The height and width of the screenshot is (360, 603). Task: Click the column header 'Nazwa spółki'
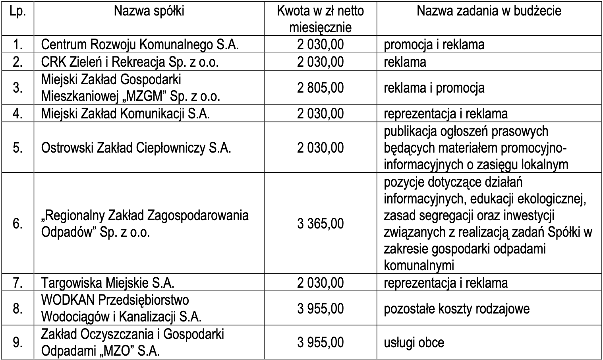tap(149, 11)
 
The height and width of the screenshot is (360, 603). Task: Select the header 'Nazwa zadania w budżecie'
tap(489, 11)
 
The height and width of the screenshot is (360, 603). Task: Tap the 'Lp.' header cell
tap(18, 11)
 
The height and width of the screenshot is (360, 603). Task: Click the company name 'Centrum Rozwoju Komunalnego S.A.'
tap(140, 45)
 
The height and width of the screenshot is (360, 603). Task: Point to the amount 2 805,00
tap(320, 87)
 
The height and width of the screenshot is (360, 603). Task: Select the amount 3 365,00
tap(320, 223)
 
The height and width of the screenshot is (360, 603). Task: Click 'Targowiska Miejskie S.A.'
tap(108, 283)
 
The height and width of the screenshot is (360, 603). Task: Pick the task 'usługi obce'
tap(414, 343)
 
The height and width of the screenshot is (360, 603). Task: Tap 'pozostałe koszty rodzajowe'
tap(456, 309)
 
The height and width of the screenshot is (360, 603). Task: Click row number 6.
tap(18, 223)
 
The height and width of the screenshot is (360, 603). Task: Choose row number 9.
tap(18, 343)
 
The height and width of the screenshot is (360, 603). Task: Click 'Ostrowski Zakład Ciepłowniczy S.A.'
tap(136, 148)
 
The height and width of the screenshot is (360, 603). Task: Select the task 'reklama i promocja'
tap(434, 87)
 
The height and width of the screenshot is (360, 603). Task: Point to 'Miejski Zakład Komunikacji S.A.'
tap(126, 114)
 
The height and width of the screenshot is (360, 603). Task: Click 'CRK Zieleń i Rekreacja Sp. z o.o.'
tap(130, 62)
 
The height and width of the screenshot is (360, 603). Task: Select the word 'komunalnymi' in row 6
tap(419, 265)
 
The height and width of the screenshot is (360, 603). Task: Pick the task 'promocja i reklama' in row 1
tap(434, 45)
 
